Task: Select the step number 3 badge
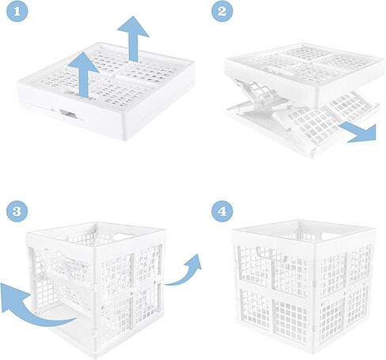(16, 210)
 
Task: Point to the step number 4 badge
(223, 210)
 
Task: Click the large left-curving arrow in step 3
(32, 307)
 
